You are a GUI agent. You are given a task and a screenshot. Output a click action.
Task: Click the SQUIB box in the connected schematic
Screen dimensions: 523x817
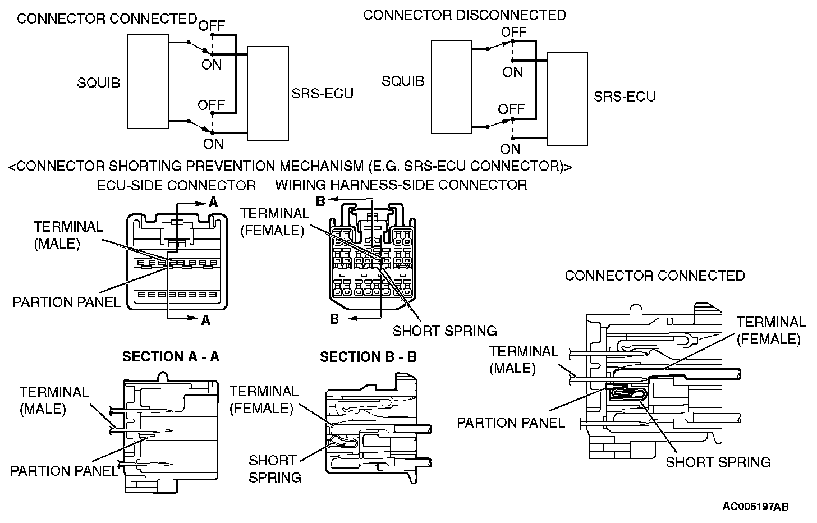point(148,81)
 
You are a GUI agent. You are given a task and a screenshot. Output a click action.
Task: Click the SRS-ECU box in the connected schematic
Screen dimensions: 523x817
point(268,93)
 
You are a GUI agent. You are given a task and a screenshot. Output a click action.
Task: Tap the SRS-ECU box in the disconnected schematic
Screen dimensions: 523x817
point(567,99)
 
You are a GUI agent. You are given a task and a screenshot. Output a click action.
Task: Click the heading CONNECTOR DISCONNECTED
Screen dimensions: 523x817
point(465,15)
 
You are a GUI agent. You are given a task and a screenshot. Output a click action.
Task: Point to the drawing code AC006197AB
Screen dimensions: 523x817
point(755,506)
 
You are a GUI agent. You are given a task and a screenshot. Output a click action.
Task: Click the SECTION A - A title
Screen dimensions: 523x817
point(171,357)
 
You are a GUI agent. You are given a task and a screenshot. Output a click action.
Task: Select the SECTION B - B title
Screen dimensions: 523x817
point(368,357)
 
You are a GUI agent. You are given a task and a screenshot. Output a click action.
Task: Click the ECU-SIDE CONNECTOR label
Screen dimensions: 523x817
point(177,185)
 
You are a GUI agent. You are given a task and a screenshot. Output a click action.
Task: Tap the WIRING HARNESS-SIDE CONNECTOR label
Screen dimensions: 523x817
point(401,185)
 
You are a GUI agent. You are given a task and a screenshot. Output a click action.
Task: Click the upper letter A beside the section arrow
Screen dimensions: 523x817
point(213,203)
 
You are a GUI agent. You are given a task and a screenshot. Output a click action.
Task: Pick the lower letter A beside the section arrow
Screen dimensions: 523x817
point(205,320)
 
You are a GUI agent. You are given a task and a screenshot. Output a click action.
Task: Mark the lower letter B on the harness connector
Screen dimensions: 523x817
point(334,319)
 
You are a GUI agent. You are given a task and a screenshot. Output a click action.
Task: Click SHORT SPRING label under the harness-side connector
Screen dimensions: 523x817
point(444,331)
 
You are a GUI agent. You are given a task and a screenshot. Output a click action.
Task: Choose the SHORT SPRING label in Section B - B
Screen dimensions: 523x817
point(274,469)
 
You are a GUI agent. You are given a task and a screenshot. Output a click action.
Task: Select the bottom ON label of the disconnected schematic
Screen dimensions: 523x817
point(511,149)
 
